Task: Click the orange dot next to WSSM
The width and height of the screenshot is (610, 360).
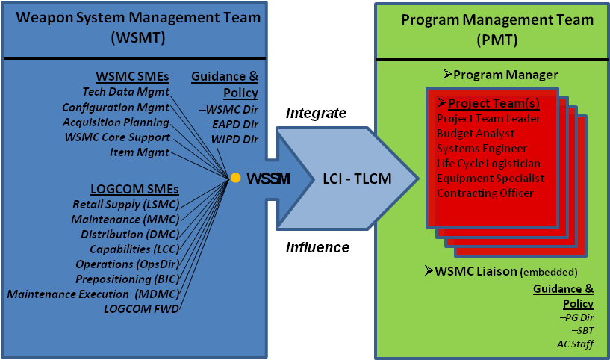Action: coord(235,178)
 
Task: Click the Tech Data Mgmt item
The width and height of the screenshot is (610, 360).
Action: coord(126,92)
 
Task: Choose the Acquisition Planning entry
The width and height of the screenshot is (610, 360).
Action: coord(116,122)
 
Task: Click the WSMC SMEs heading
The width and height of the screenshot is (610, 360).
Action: coord(133,76)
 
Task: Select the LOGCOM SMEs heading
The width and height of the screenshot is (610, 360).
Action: coord(128,187)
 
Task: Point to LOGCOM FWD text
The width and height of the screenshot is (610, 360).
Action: coord(142,308)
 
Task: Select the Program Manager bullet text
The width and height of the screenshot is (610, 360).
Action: coord(499,75)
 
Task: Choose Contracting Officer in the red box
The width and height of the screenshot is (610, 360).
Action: coord(486,193)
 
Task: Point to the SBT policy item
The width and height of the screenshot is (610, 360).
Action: coord(580,330)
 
